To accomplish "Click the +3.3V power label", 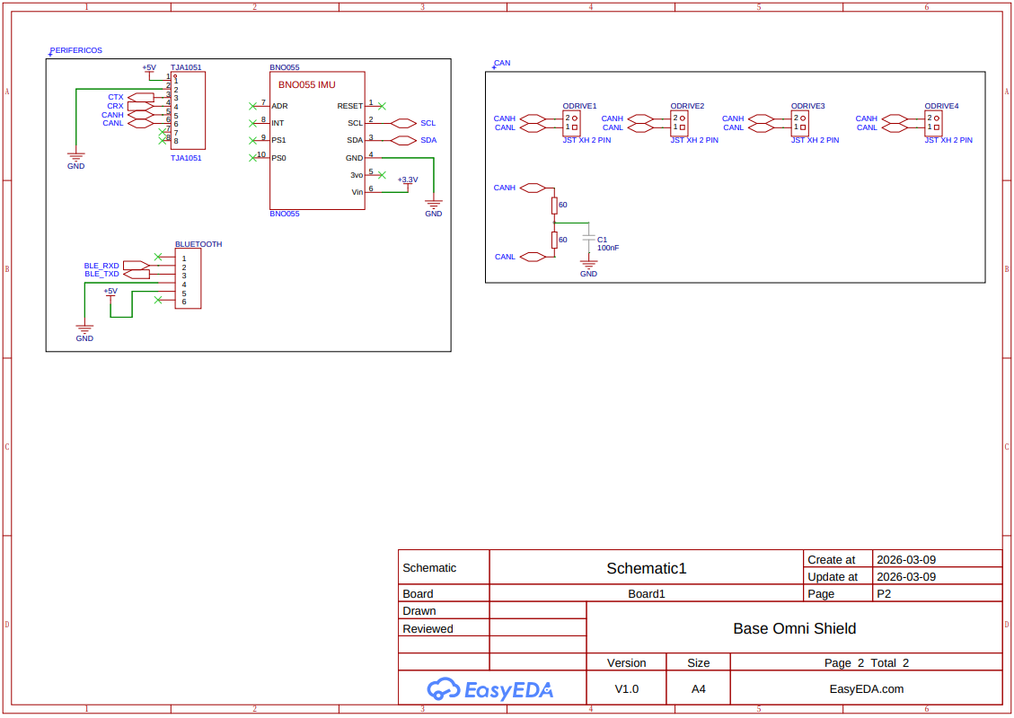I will click(x=408, y=180).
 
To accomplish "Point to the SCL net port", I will click(x=404, y=123).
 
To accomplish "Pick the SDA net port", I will click(x=404, y=141).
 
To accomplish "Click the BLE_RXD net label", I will click(x=101, y=266).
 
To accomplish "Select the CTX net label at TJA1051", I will click(x=116, y=97).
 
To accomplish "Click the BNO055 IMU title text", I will click(x=306, y=84).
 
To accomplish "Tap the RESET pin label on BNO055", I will click(x=350, y=106).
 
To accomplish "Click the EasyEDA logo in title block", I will click(x=489, y=689).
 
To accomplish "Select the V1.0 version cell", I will click(x=626, y=689).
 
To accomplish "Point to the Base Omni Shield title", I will click(x=794, y=628).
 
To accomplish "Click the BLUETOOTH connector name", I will click(x=198, y=244).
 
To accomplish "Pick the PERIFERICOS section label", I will click(x=75, y=51).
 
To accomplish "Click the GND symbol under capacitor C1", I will click(x=588, y=267).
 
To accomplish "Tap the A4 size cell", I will click(x=698, y=689).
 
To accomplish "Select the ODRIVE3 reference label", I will click(x=807, y=106).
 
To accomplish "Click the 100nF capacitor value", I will click(x=608, y=248).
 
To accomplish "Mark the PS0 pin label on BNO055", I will click(x=278, y=158).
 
